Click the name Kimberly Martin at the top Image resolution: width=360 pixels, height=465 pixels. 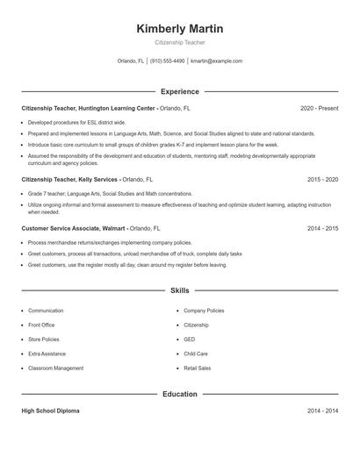[179, 29]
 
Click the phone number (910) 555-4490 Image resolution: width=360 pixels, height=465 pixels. [167, 61]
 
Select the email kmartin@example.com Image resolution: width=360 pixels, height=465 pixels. [216, 61]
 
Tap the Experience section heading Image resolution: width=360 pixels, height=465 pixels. [179, 91]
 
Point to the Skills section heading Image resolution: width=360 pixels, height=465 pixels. [179, 290]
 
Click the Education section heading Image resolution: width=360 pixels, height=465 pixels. [179, 394]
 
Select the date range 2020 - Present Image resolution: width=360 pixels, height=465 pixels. [319, 108]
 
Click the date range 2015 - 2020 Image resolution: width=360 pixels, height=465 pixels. [322, 179]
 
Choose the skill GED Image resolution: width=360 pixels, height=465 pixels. [190, 340]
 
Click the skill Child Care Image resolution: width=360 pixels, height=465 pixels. [196, 354]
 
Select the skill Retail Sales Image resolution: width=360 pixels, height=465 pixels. [198, 368]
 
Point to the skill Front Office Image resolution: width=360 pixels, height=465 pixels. [42, 325]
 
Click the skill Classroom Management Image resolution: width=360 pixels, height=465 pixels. [55, 368]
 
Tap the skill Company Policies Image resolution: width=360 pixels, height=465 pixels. [204, 311]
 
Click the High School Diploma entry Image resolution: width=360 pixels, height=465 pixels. [50, 411]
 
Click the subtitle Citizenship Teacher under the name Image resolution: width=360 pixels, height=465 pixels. [179, 42]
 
